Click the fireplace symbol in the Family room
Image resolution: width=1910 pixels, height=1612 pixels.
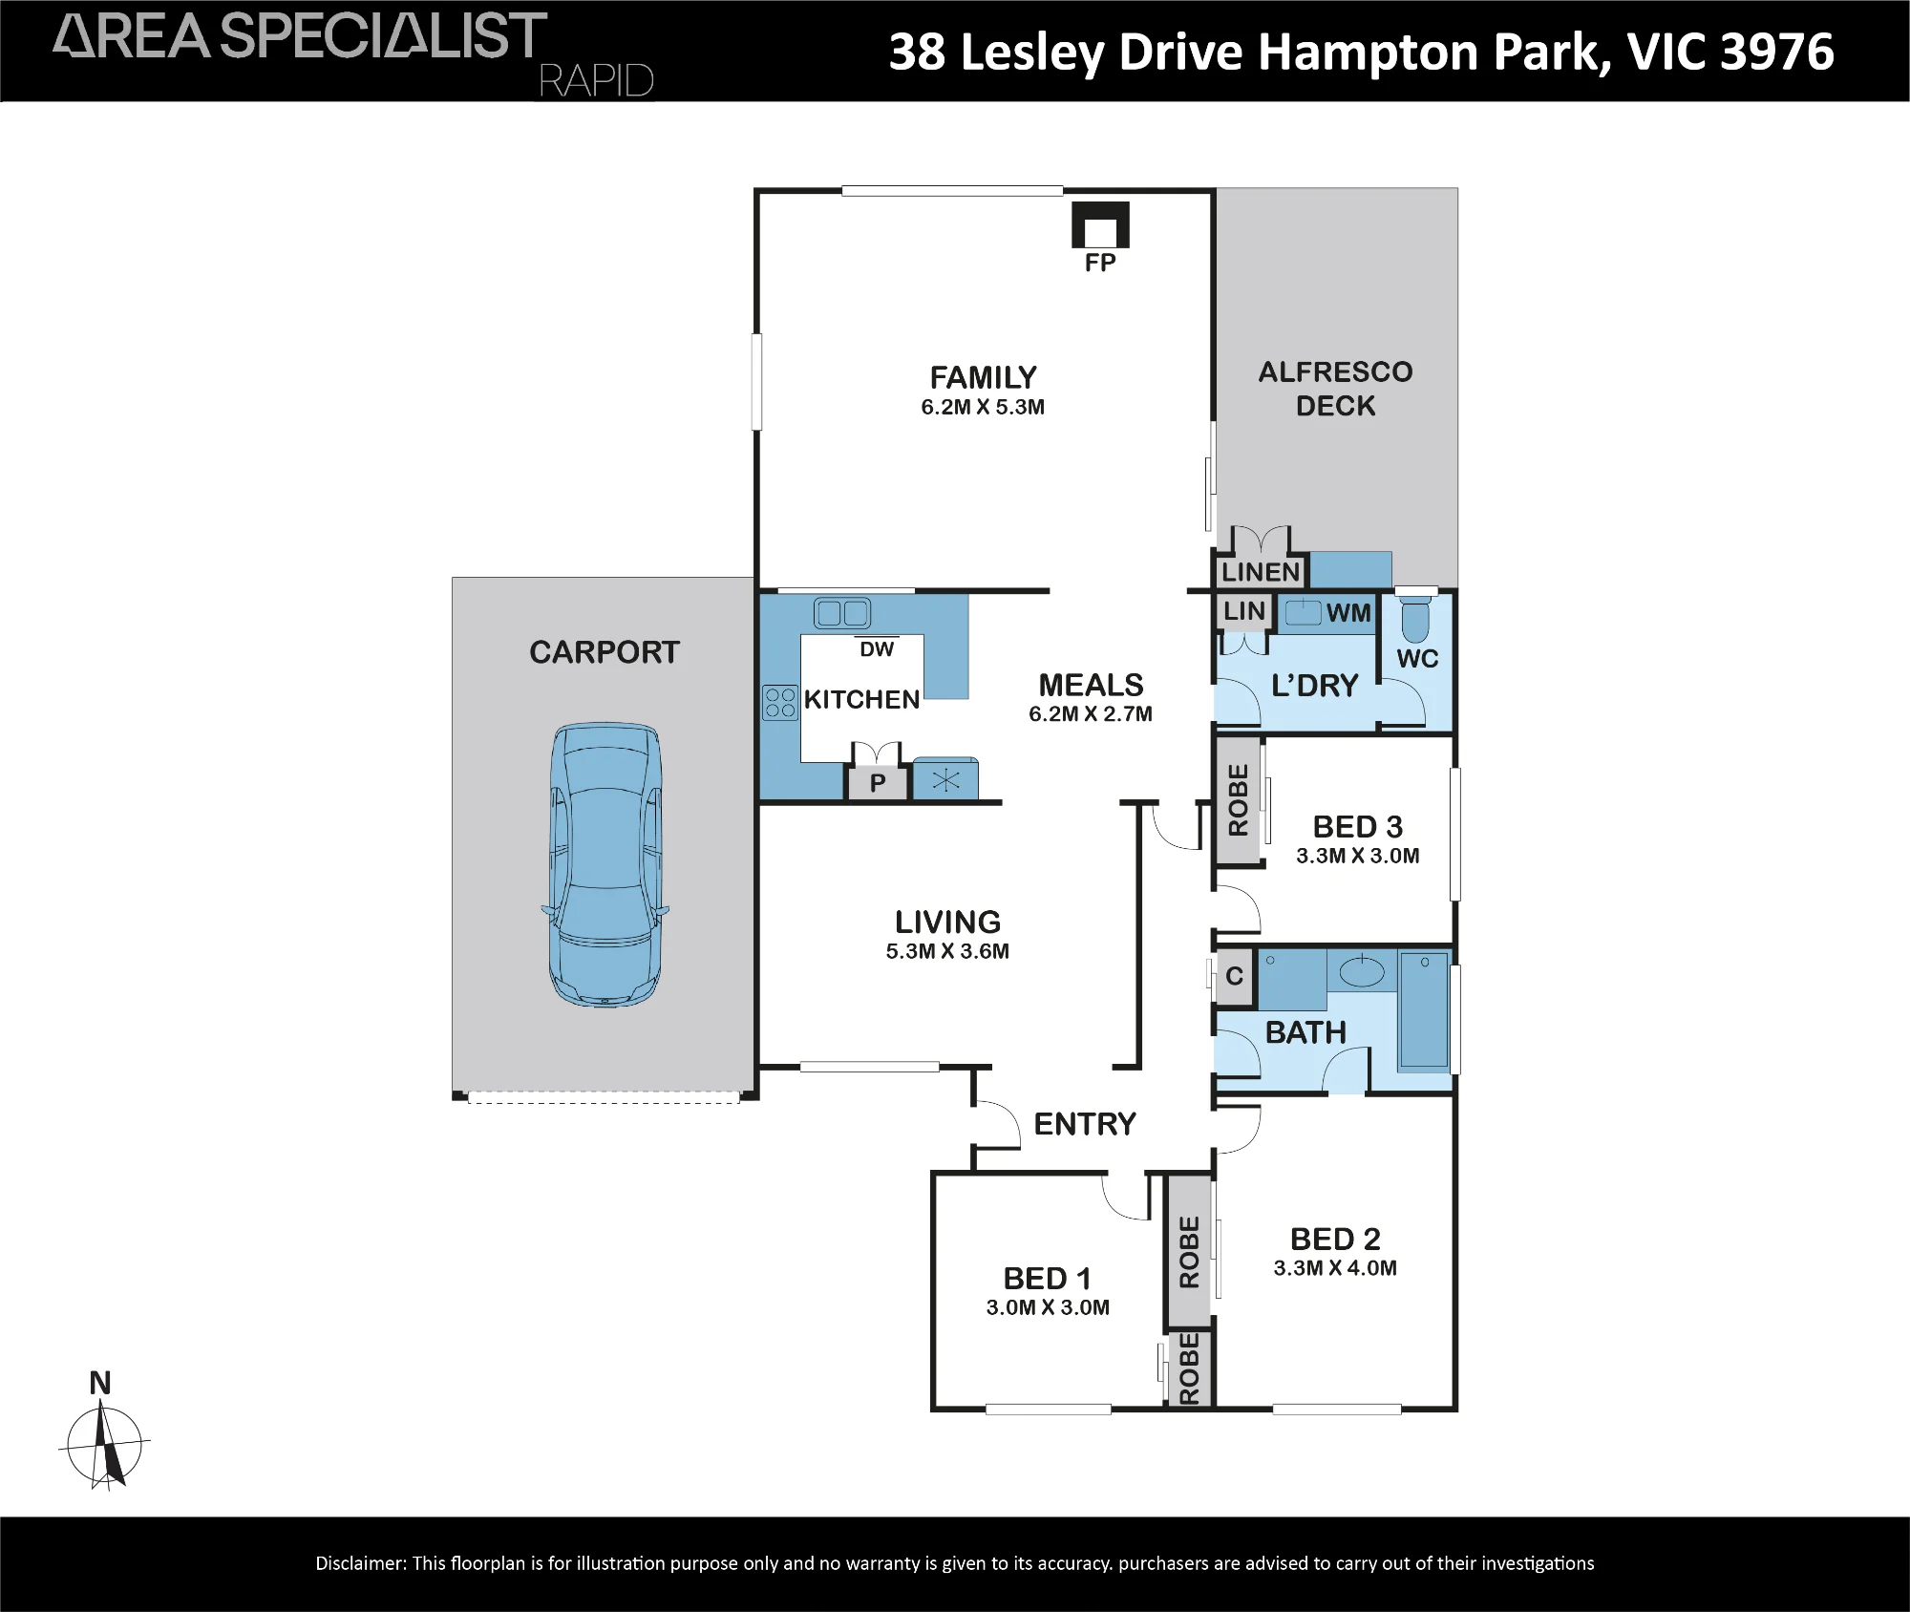pos(1100,224)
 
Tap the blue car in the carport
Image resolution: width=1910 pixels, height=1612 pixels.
pos(605,864)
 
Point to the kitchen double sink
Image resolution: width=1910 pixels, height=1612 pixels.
pos(841,612)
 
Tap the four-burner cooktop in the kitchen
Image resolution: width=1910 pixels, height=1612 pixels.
pos(780,703)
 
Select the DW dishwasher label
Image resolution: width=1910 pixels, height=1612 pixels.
pos(877,649)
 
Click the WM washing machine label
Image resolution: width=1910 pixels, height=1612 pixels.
pos(1348,613)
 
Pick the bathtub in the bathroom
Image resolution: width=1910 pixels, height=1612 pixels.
pos(1424,1009)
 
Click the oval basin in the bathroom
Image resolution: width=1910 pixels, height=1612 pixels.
pos(1362,973)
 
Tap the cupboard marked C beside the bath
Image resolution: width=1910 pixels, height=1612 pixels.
pos(1234,976)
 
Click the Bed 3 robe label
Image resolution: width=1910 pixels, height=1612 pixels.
pos(1239,800)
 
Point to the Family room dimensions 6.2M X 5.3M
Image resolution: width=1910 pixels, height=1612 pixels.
pos(983,408)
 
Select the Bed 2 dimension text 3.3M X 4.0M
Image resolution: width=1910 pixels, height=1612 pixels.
pos(1335,1268)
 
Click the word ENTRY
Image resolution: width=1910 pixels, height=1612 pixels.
pos(1085,1124)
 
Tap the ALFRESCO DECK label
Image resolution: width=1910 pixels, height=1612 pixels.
pos(1335,389)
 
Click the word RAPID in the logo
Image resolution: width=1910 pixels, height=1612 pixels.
pos(597,81)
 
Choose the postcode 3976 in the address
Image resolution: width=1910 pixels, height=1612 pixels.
pos(1777,52)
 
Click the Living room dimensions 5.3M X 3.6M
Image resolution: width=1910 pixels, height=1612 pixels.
pos(947,951)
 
